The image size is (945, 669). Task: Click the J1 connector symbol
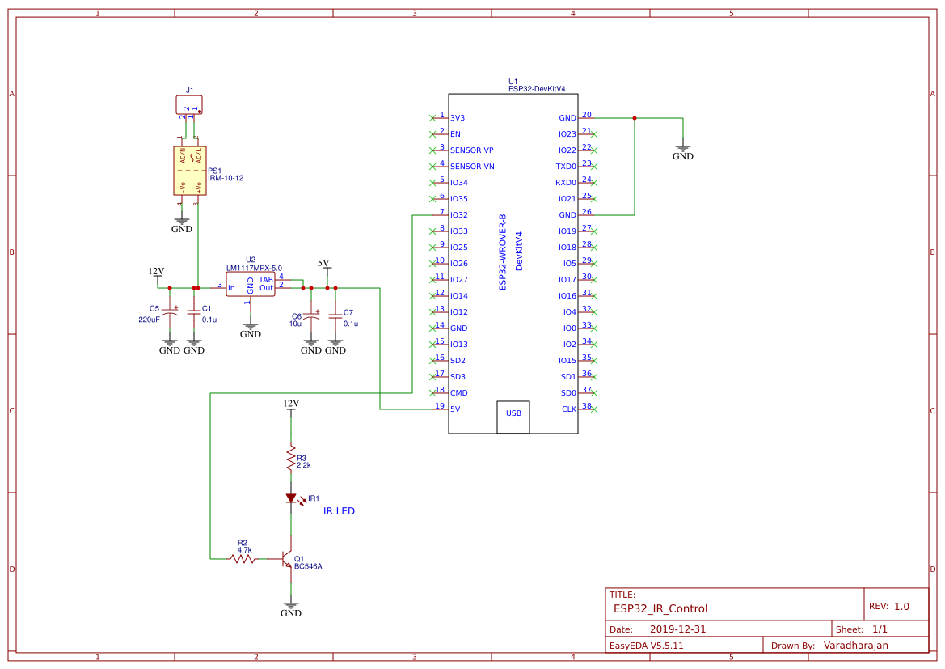(189, 104)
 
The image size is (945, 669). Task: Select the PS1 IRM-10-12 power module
(190, 171)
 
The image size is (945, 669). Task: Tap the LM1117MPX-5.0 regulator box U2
(250, 284)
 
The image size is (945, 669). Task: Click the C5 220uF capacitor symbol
(170, 311)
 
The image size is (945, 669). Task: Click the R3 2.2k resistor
(291, 460)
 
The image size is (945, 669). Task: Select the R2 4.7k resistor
(243, 558)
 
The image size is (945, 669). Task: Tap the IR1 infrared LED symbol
(291, 499)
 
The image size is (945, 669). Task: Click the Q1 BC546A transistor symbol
(286, 559)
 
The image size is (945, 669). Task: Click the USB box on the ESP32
(513, 413)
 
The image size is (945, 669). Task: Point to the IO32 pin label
(459, 215)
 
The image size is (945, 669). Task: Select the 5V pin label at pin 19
(455, 409)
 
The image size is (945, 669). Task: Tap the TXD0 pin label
(566, 167)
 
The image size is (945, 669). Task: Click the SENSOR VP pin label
(471, 150)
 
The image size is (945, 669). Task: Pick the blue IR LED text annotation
(339, 511)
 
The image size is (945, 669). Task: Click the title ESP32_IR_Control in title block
(660, 608)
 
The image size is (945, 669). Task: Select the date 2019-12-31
(678, 629)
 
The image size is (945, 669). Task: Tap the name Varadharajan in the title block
(855, 646)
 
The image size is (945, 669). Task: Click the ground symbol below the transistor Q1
(291, 606)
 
